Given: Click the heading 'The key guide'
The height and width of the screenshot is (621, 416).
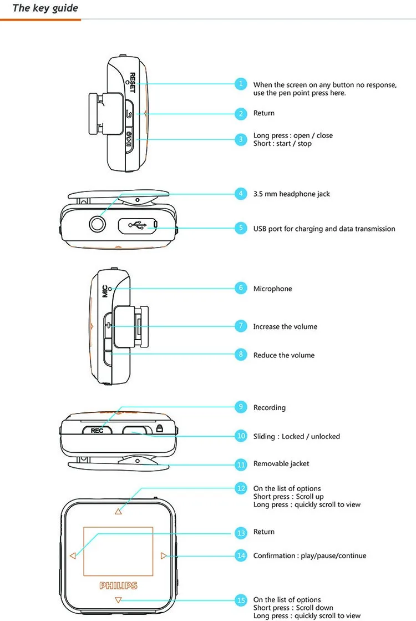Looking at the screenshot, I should [x=45, y=8].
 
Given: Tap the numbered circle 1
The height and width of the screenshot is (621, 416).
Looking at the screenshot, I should [x=241, y=84].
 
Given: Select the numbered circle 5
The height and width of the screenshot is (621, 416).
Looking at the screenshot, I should [x=241, y=228].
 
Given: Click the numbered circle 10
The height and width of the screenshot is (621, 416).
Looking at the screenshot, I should [x=241, y=436].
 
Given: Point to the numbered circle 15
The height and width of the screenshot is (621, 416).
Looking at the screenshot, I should [x=241, y=600].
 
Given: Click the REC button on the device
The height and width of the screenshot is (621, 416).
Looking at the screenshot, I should [x=97, y=430].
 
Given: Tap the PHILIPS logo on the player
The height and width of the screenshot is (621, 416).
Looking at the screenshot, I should [x=118, y=585].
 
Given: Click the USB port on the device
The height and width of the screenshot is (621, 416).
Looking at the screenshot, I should [x=138, y=225].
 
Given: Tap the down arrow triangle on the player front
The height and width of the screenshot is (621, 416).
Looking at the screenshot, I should [x=118, y=600].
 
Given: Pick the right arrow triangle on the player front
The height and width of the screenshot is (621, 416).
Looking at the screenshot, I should [x=163, y=556].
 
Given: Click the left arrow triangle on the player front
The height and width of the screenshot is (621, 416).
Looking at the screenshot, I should [x=73, y=556].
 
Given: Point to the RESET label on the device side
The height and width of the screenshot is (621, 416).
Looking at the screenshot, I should [x=133, y=83].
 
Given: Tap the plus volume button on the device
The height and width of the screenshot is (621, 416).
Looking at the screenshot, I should [x=109, y=326].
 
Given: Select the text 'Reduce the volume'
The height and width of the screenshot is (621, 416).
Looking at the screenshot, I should [x=283, y=355].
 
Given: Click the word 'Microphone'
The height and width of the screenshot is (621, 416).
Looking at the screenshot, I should [x=272, y=289].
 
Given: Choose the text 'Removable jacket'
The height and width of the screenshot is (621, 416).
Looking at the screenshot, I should [x=281, y=464].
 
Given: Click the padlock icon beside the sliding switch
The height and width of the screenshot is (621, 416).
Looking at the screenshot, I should [x=160, y=428].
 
